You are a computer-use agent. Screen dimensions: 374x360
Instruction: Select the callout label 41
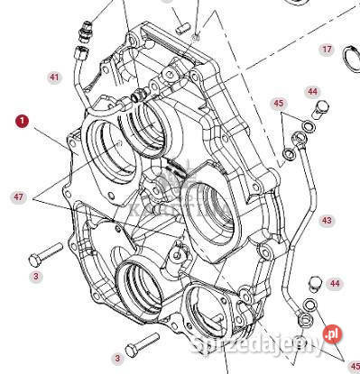point(53,78)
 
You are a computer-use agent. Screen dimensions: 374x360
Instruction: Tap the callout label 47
point(18,196)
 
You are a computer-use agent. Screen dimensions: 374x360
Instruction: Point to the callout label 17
point(327,49)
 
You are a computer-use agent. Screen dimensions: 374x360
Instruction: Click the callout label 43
point(327,220)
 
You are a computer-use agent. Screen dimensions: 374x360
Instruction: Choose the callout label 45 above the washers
point(279,104)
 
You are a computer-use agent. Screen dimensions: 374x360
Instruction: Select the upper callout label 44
point(312,91)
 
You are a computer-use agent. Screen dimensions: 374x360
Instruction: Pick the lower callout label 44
point(335,284)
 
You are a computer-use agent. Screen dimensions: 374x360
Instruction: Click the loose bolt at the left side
point(46,249)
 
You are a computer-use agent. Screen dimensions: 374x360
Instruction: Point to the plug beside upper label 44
point(317,112)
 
